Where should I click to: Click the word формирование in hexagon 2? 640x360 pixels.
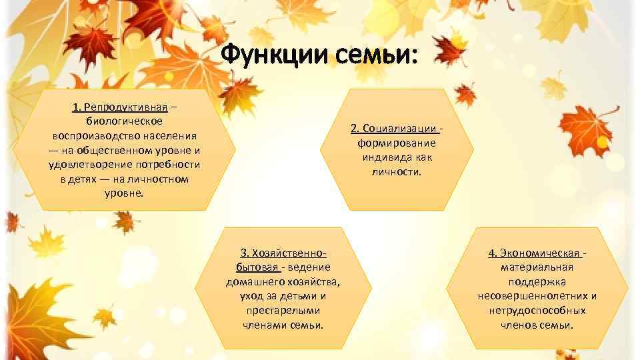coord(397,143)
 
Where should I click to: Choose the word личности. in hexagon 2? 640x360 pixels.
coord(397,171)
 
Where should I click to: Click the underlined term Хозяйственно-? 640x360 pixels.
coord(283,253)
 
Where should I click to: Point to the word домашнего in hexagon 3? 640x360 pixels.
coord(254,281)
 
